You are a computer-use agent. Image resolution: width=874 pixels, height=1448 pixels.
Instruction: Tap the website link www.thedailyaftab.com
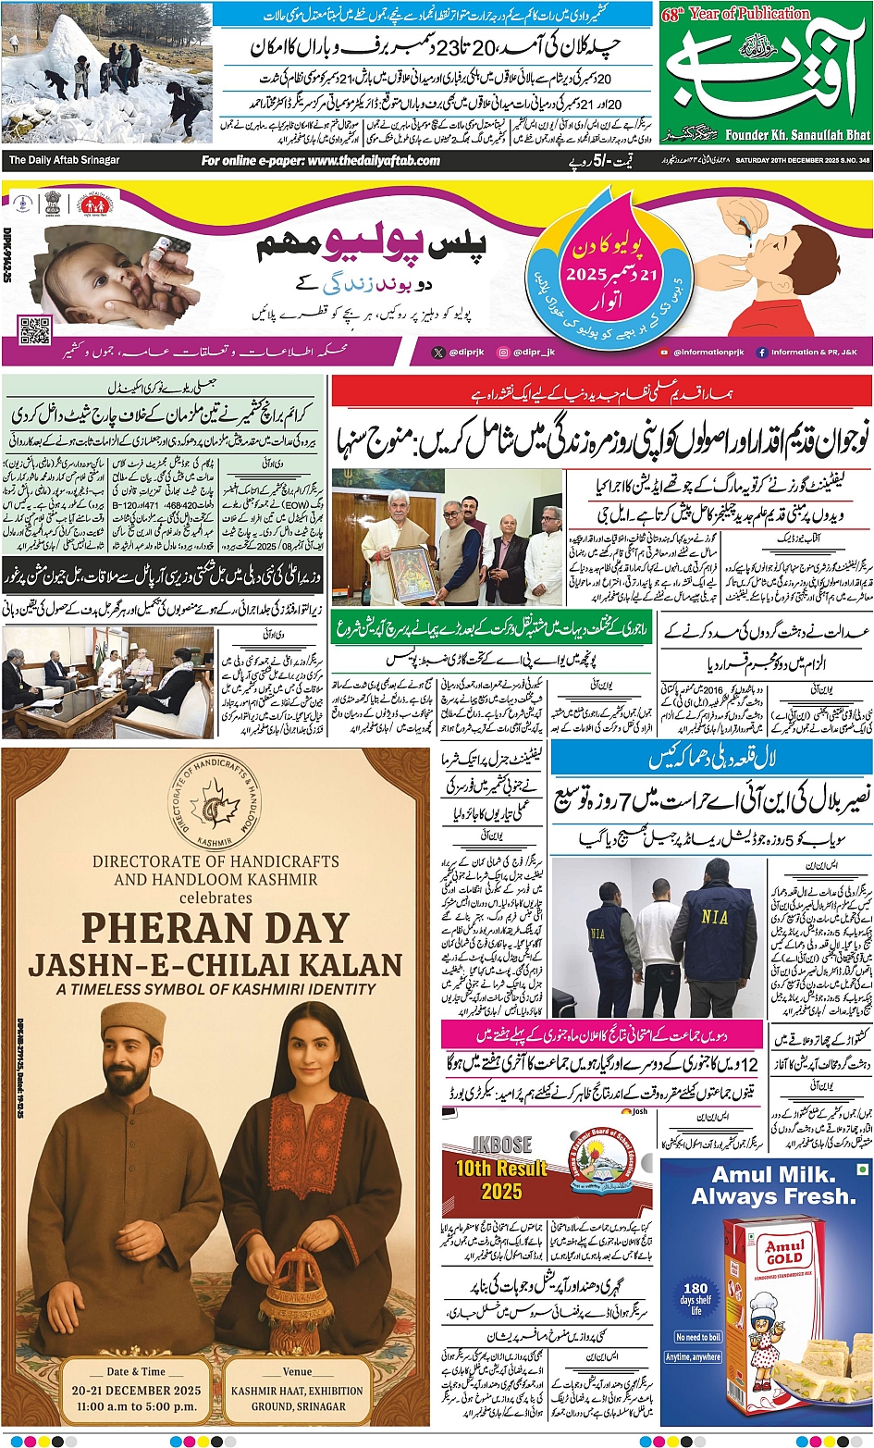point(321,160)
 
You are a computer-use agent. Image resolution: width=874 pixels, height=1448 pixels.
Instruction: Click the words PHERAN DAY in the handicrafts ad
point(215,929)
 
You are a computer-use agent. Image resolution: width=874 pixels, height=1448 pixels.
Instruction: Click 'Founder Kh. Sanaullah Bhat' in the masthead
point(798,135)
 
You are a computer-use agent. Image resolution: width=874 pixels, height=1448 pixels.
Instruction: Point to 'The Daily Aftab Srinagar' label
point(64,160)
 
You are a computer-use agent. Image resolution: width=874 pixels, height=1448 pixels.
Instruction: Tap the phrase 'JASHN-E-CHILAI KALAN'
point(215,965)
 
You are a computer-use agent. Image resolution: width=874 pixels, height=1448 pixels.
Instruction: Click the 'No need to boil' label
point(697,1337)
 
